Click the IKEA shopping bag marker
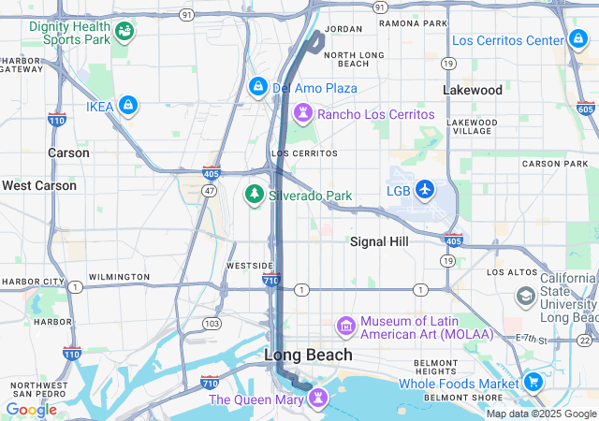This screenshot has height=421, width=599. point(128,106)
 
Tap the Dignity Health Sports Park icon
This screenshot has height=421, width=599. point(124,33)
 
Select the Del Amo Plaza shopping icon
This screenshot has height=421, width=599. point(257,88)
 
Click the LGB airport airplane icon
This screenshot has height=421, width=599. point(425,191)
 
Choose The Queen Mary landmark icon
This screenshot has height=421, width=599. point(319,399)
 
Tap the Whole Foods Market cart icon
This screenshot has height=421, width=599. point(533,383)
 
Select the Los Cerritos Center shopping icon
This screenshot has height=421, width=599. point(579,40)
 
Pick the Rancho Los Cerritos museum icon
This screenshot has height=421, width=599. point(303,114)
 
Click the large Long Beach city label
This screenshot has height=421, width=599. point(308,355)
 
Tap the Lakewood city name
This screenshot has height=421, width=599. point(473,91)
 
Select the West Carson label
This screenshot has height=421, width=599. point(39,185)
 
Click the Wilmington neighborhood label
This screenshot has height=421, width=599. point(118,277)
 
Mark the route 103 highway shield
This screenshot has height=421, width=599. point(212,323)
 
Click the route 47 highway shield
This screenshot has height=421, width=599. point(210,191)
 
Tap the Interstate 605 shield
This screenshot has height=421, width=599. point(586,109)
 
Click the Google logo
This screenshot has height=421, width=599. point(31,409)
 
